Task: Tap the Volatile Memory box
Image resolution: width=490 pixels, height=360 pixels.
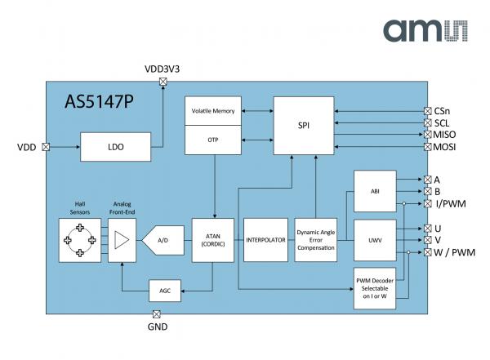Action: [213, 111]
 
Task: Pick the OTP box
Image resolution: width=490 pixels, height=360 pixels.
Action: [213, 140]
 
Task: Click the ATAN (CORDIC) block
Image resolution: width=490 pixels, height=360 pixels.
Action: [213, 240]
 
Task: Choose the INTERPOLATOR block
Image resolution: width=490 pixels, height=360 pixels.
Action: [265, 240]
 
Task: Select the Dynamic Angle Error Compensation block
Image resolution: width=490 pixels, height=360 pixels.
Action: [315, 241]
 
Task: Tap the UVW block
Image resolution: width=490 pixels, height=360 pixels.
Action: [374, 240]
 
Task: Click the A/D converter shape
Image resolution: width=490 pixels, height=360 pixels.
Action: [163, 240]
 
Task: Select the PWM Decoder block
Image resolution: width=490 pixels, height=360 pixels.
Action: [374, 288]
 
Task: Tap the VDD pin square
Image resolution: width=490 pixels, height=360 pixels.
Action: [45, 148]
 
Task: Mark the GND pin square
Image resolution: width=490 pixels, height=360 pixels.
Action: [157, 313]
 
